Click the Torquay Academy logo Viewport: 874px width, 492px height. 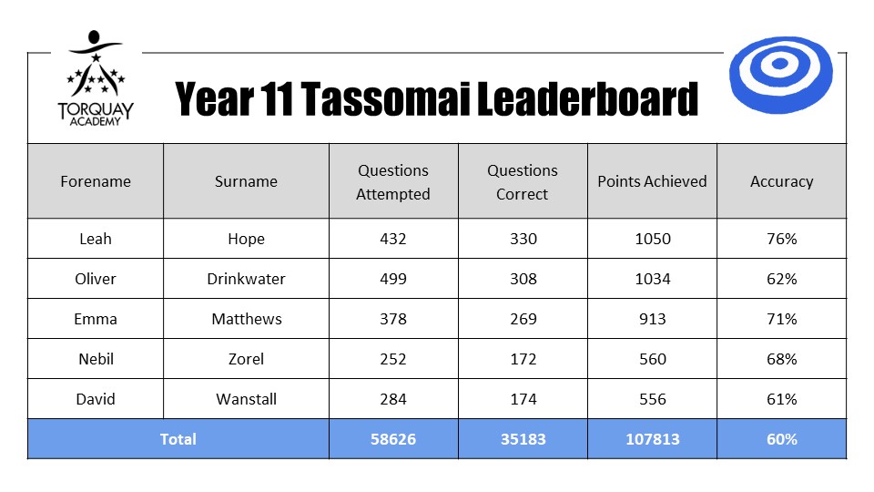[x=96, y=78]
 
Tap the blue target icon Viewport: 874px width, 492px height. [x=780, y=75]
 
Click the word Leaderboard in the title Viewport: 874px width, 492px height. [x=587, y=98]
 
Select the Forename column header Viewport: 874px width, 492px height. [x=96, y=181]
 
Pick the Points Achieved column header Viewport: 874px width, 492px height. [x=652, y=181]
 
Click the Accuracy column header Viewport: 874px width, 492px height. [x=781, y=182]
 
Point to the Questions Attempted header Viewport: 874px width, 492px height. [x=393, y=182]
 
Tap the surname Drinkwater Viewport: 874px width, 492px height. [x=246, y=279]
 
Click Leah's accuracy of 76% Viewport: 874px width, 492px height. [x=781, y=239]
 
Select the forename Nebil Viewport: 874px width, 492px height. [x=96, y=359]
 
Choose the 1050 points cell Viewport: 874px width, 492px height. [x=653, y=239]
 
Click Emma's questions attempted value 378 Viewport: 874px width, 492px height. [x=393, y=319]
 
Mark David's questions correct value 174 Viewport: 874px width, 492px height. [x=523, y=399]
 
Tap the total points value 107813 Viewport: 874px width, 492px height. [x=653, y=439]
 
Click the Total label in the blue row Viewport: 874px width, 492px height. [x=178, y=439]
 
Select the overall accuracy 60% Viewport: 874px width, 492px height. [x=781, y=439]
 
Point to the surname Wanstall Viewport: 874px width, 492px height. [x=246, y=399]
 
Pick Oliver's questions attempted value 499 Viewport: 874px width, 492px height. [x=393, y=279]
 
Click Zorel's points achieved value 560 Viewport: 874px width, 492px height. [x=653, y=359]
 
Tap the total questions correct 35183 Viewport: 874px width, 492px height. [x=523, y=439]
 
